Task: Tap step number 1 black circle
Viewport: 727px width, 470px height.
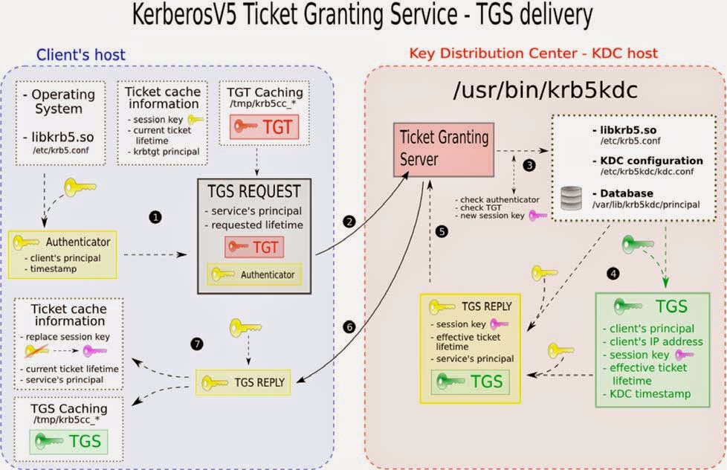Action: (155, 217)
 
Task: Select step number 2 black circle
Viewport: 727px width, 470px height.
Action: (349, 222)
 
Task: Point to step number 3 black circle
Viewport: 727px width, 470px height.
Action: (529, 166)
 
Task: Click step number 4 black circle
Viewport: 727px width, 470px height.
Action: (612, 274)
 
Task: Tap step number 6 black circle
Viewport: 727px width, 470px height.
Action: (349, 326)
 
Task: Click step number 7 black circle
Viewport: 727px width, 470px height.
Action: (196, 344)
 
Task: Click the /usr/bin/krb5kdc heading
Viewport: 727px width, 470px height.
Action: (536, 91)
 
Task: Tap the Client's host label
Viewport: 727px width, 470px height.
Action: (80, 54)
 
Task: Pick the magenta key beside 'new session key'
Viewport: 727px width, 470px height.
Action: (536, 216)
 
